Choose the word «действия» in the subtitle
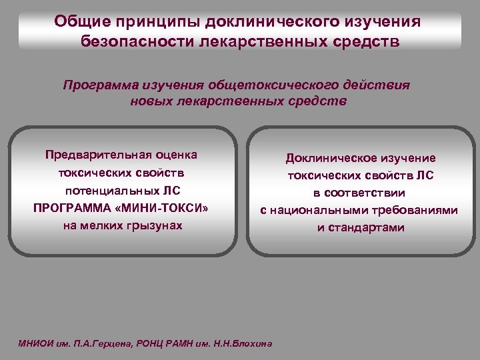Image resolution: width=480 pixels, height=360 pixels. [377, 85]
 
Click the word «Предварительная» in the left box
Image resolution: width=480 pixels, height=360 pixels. [92, 155]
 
